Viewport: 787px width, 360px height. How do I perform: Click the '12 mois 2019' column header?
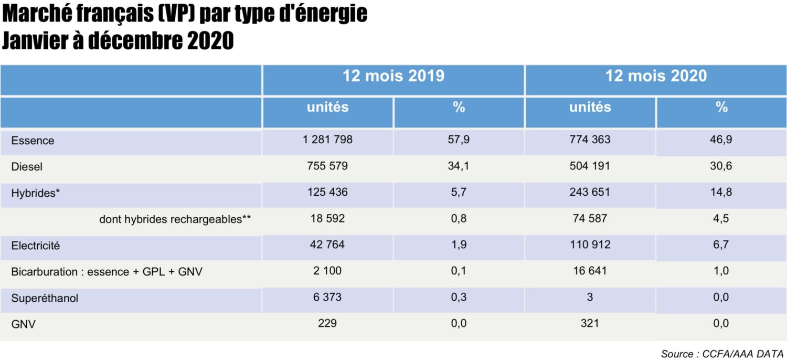point(393,76)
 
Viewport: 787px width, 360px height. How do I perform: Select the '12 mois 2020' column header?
point(656,76)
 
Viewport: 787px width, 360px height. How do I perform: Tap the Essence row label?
point(33,141)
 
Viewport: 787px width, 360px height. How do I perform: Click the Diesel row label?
point(27,167)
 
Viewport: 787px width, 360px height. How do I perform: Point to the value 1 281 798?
point(327,140)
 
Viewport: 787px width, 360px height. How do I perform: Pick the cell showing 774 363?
point(590,140)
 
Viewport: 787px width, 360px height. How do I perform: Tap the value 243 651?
point(590,192)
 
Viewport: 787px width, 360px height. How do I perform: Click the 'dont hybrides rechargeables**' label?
point(175,219)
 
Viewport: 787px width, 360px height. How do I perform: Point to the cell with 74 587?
point(590,218)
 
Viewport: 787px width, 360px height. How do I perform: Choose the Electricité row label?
point(36,246)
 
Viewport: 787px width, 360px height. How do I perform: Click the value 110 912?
point(590,245)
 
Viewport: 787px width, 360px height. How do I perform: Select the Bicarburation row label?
point(107,272)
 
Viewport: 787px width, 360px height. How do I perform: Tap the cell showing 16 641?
point(590,271)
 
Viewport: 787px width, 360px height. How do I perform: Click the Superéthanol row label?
point(45,298)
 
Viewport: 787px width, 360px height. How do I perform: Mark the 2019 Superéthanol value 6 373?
point(327,297)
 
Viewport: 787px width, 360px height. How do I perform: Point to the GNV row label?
point(23,324)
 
